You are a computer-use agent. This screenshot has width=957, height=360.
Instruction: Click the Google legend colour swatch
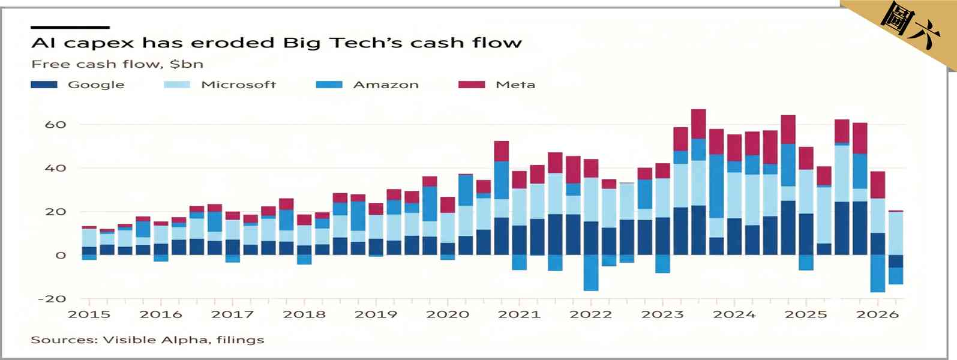click(x=44, y=85)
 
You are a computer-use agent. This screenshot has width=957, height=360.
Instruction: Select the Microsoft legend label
click(x=238, y=85)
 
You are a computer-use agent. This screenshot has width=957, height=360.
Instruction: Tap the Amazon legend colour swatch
click(x=329, y=85)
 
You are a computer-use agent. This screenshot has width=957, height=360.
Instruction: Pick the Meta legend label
click(x=515, y=85)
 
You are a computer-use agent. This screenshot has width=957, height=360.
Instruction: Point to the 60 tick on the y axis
click(x=56, y=125)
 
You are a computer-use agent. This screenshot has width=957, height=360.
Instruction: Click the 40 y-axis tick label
click(x=56, y=168)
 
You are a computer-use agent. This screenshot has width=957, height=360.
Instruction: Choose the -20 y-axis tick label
click(x=52, y=299)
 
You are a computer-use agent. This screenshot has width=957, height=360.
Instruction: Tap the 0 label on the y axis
click(x=61, y=256)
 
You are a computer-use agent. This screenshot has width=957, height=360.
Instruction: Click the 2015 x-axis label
click(x=89, y=315)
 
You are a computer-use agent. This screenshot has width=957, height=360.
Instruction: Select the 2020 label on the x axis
click(x=448, y=315)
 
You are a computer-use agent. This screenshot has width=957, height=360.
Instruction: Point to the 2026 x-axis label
click(x=878, y=315)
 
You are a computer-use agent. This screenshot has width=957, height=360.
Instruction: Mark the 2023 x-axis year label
click(x=662, y=315)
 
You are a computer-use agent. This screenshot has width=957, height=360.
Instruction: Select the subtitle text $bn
click(x=186, y=64)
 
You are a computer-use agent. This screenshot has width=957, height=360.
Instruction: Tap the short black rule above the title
click(x=70, y=28)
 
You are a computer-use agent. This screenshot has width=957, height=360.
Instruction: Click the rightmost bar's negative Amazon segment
click(x=896, y=276)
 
